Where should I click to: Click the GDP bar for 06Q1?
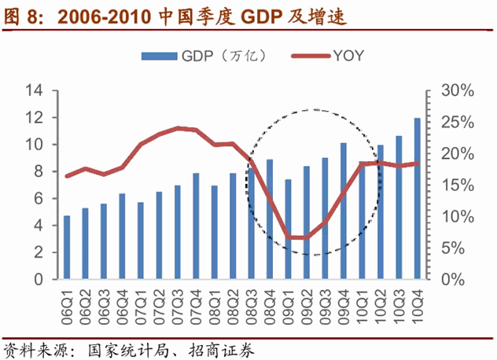pos(67,248)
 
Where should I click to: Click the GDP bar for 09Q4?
pos(343,211)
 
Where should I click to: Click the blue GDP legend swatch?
pos(159,56)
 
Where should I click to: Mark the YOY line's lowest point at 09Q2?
pos(306,237)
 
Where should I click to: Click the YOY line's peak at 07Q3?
pos(177,127)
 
